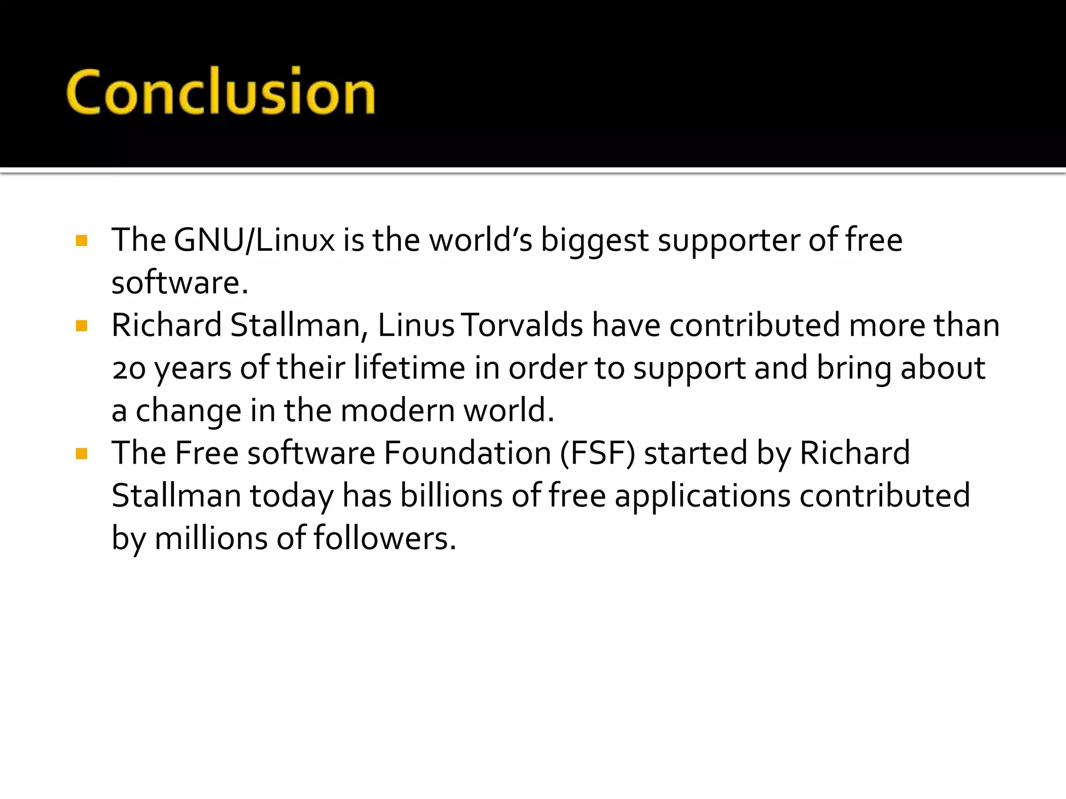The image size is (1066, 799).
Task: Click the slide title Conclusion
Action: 221,92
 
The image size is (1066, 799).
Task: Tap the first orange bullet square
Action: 82,240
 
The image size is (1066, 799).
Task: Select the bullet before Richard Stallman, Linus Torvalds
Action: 82,326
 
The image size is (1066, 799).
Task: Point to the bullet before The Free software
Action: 82,454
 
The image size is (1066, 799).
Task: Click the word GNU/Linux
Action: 254,240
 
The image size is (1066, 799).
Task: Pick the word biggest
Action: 594,241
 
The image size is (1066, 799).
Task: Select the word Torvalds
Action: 522,326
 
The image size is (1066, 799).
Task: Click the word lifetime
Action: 409,368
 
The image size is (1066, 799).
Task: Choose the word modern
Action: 398,411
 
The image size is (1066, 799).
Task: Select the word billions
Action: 451,496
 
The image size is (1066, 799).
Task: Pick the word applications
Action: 702,497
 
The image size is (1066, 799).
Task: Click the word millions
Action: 211,538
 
